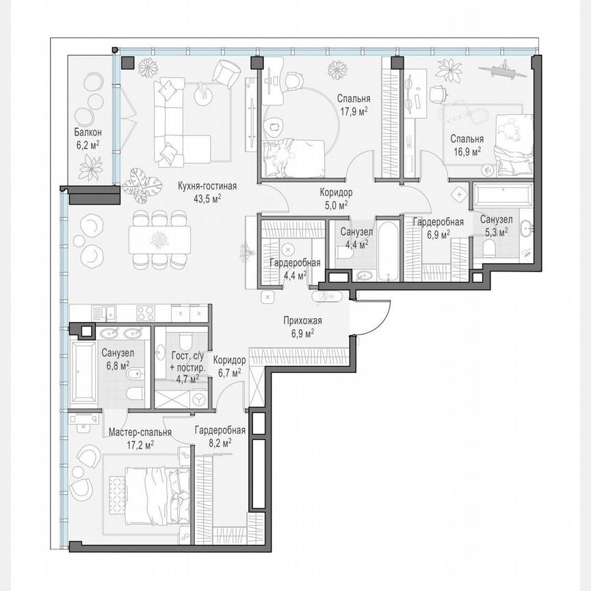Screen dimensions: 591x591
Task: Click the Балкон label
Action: point(88,132)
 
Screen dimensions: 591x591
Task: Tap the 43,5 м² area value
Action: point(207,198)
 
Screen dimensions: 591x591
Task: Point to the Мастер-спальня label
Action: point(140,432)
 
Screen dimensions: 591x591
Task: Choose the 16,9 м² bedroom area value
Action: point(465,150)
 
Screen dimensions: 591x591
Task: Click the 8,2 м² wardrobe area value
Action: point(219,443)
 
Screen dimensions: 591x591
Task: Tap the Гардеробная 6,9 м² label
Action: point(438,228)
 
